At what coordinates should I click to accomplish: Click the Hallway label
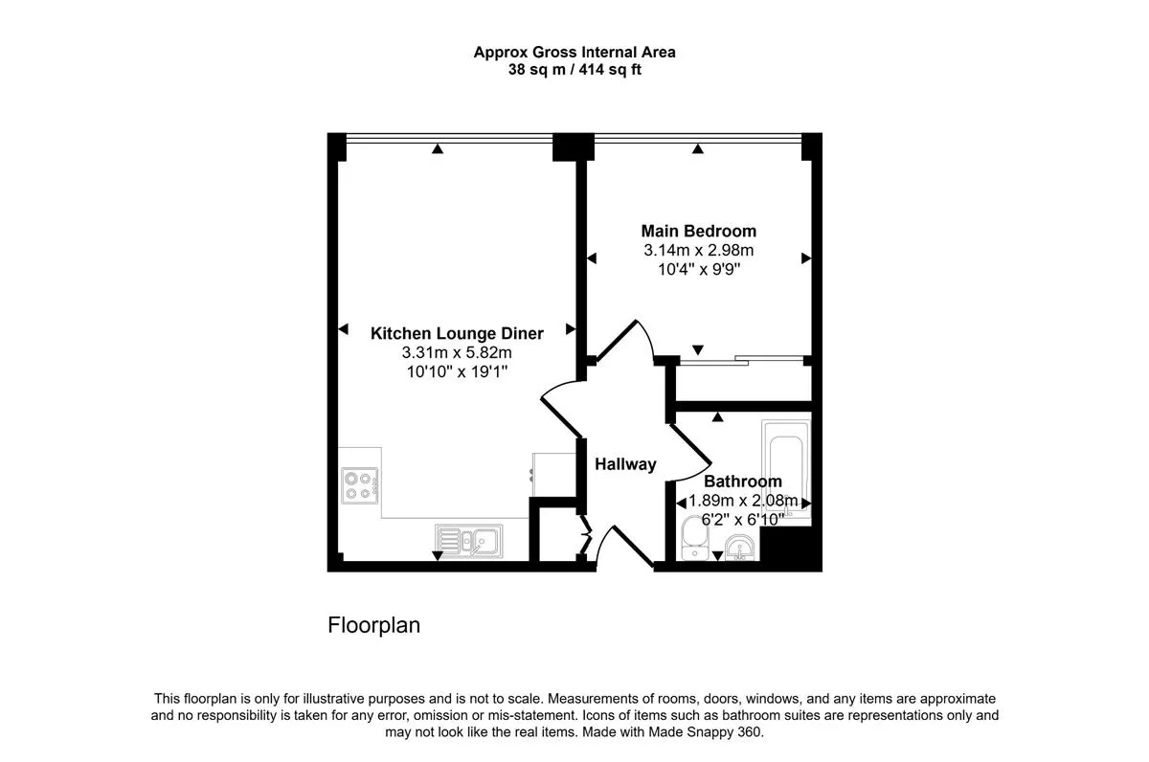coord(625,464)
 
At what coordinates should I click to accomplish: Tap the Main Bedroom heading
coord(699,231)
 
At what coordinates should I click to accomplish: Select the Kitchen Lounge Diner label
coord(457,333)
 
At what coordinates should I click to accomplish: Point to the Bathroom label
coord(743,481)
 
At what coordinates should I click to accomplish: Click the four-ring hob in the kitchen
coord(360,485)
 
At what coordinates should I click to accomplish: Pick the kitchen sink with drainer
coord(469,541)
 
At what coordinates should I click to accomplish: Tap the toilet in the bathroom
coord(695,538)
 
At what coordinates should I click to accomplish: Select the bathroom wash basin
coord(739,548)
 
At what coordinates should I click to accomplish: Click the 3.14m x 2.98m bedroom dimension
coord(699,250)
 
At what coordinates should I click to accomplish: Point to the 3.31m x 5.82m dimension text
coord(457,353)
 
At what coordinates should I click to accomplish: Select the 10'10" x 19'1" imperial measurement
coord(457,371)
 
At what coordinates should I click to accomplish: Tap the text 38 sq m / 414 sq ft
coord(574,69)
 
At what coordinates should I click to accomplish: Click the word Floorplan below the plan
coord(374,625)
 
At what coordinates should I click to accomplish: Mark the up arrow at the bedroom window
coord(698,148)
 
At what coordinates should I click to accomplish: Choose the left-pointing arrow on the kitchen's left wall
coord(343,329)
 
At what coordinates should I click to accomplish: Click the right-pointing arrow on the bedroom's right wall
coord(806,258)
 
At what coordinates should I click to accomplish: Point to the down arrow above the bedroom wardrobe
coord(698,349)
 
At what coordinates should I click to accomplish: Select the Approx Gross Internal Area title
coord(574,53)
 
